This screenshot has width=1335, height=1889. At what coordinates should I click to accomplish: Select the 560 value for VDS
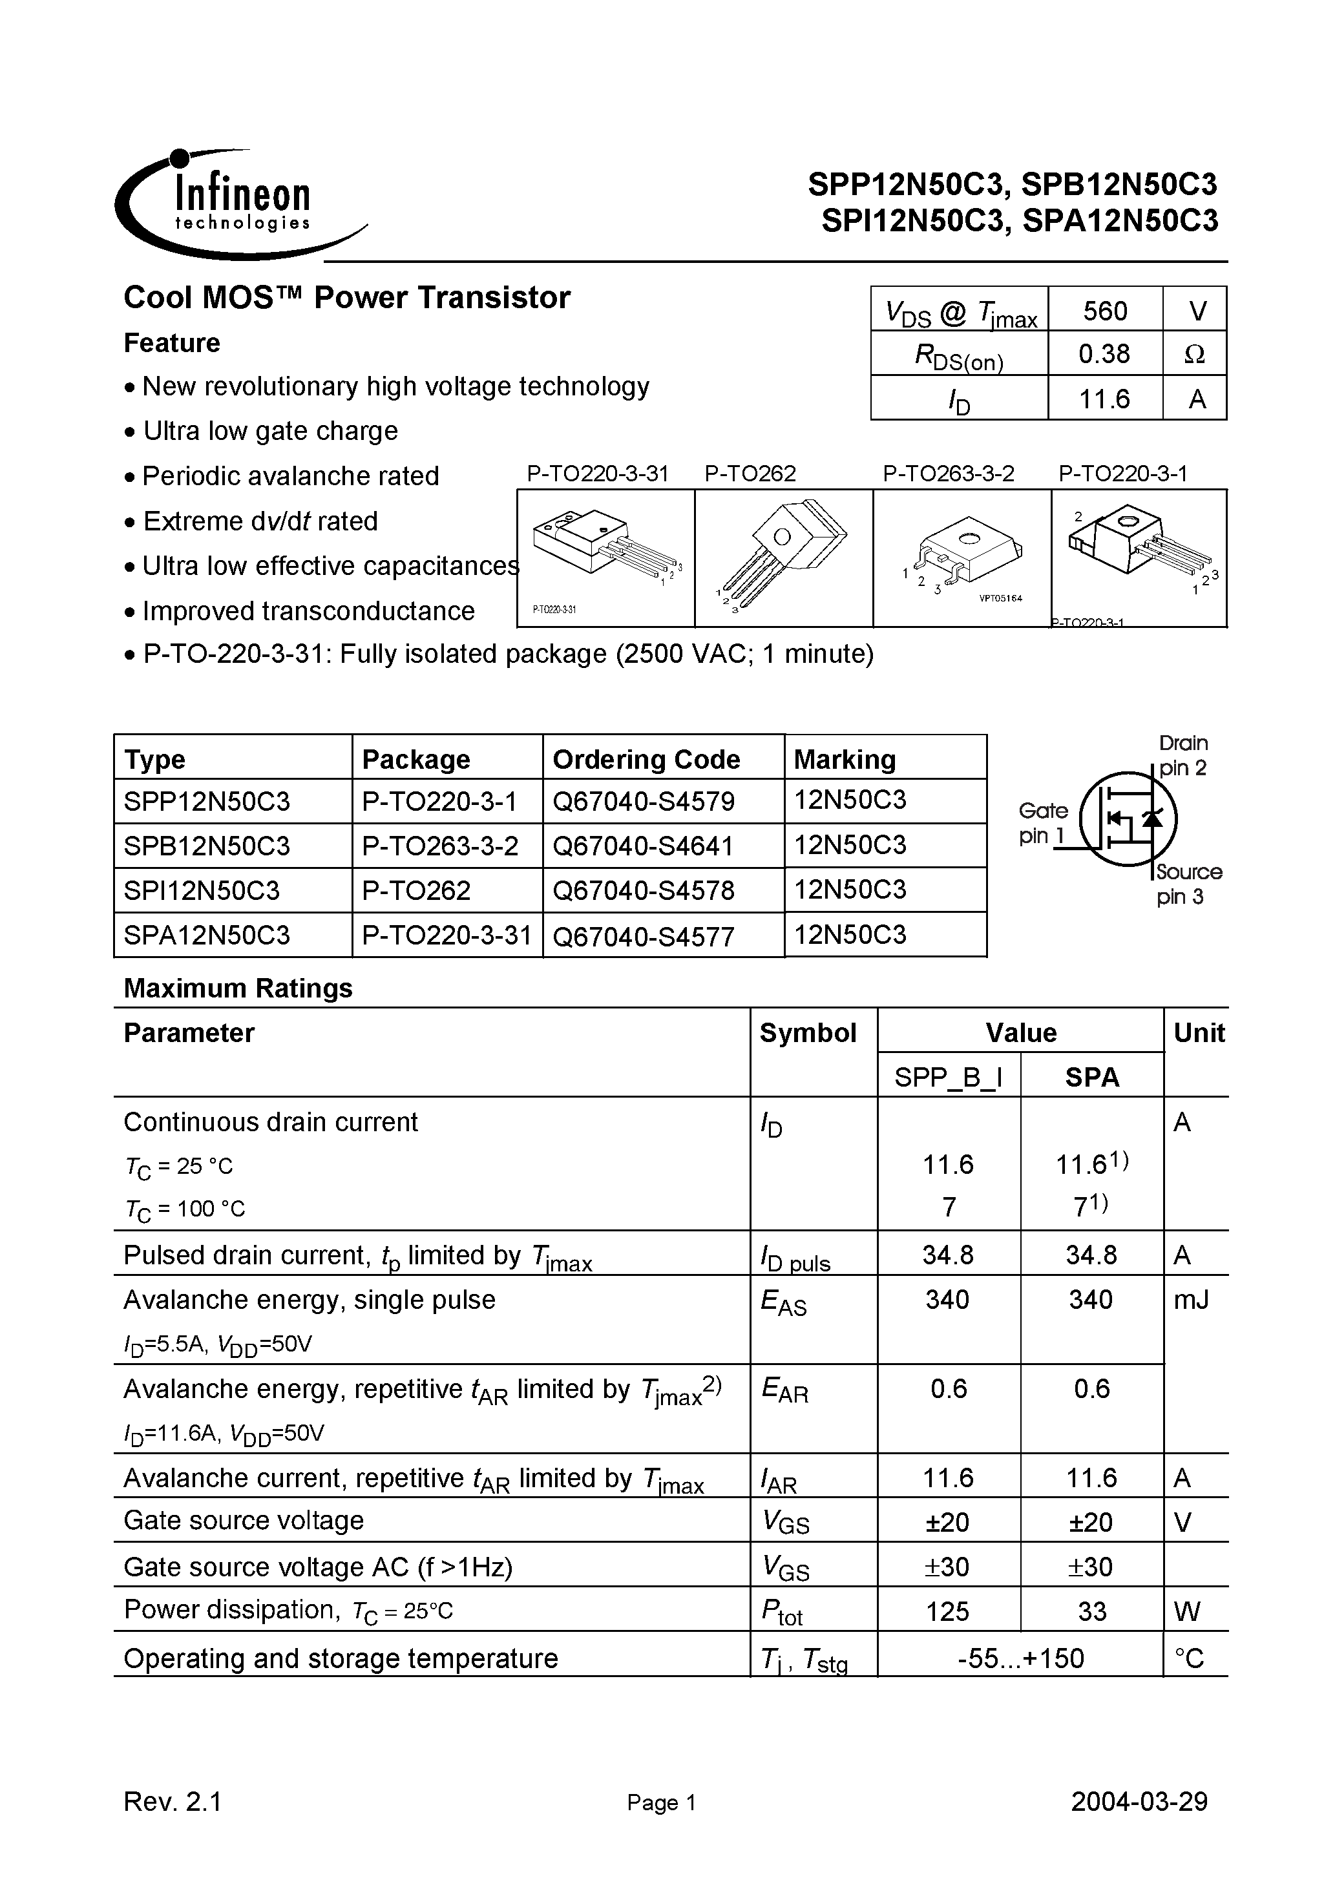[x=1104, y=311]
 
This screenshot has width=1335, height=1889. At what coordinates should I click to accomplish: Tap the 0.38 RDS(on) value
[x=1104, y=355]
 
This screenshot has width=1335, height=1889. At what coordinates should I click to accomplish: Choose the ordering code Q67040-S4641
[x=643, y=846]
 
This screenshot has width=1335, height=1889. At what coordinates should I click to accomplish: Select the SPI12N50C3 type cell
[x=202, y=890]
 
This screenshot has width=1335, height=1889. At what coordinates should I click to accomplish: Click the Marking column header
[x=845, y=758]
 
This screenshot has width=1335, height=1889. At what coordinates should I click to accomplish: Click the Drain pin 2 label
[x=1183, y=755]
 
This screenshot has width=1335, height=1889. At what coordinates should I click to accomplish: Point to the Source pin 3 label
[x=1188, y=884]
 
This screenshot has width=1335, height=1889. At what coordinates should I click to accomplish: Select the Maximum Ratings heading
[x=238, y=988]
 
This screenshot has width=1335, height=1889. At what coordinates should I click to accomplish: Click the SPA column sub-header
[x=1091, y=1078]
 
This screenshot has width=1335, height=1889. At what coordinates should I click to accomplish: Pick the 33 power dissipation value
[x=1091, y=1611]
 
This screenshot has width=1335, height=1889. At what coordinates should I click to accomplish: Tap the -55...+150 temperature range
[x=1020, y=1658]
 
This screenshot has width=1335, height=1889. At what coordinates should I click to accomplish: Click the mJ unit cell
[x=1191, y=1300]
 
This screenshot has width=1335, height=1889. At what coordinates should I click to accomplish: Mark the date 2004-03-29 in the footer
[x=1139, y=1802]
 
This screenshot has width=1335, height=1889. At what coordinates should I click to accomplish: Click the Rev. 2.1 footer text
[x=173, y=1802]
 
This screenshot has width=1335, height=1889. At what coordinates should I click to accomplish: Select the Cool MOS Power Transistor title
[x=346, y=298]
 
